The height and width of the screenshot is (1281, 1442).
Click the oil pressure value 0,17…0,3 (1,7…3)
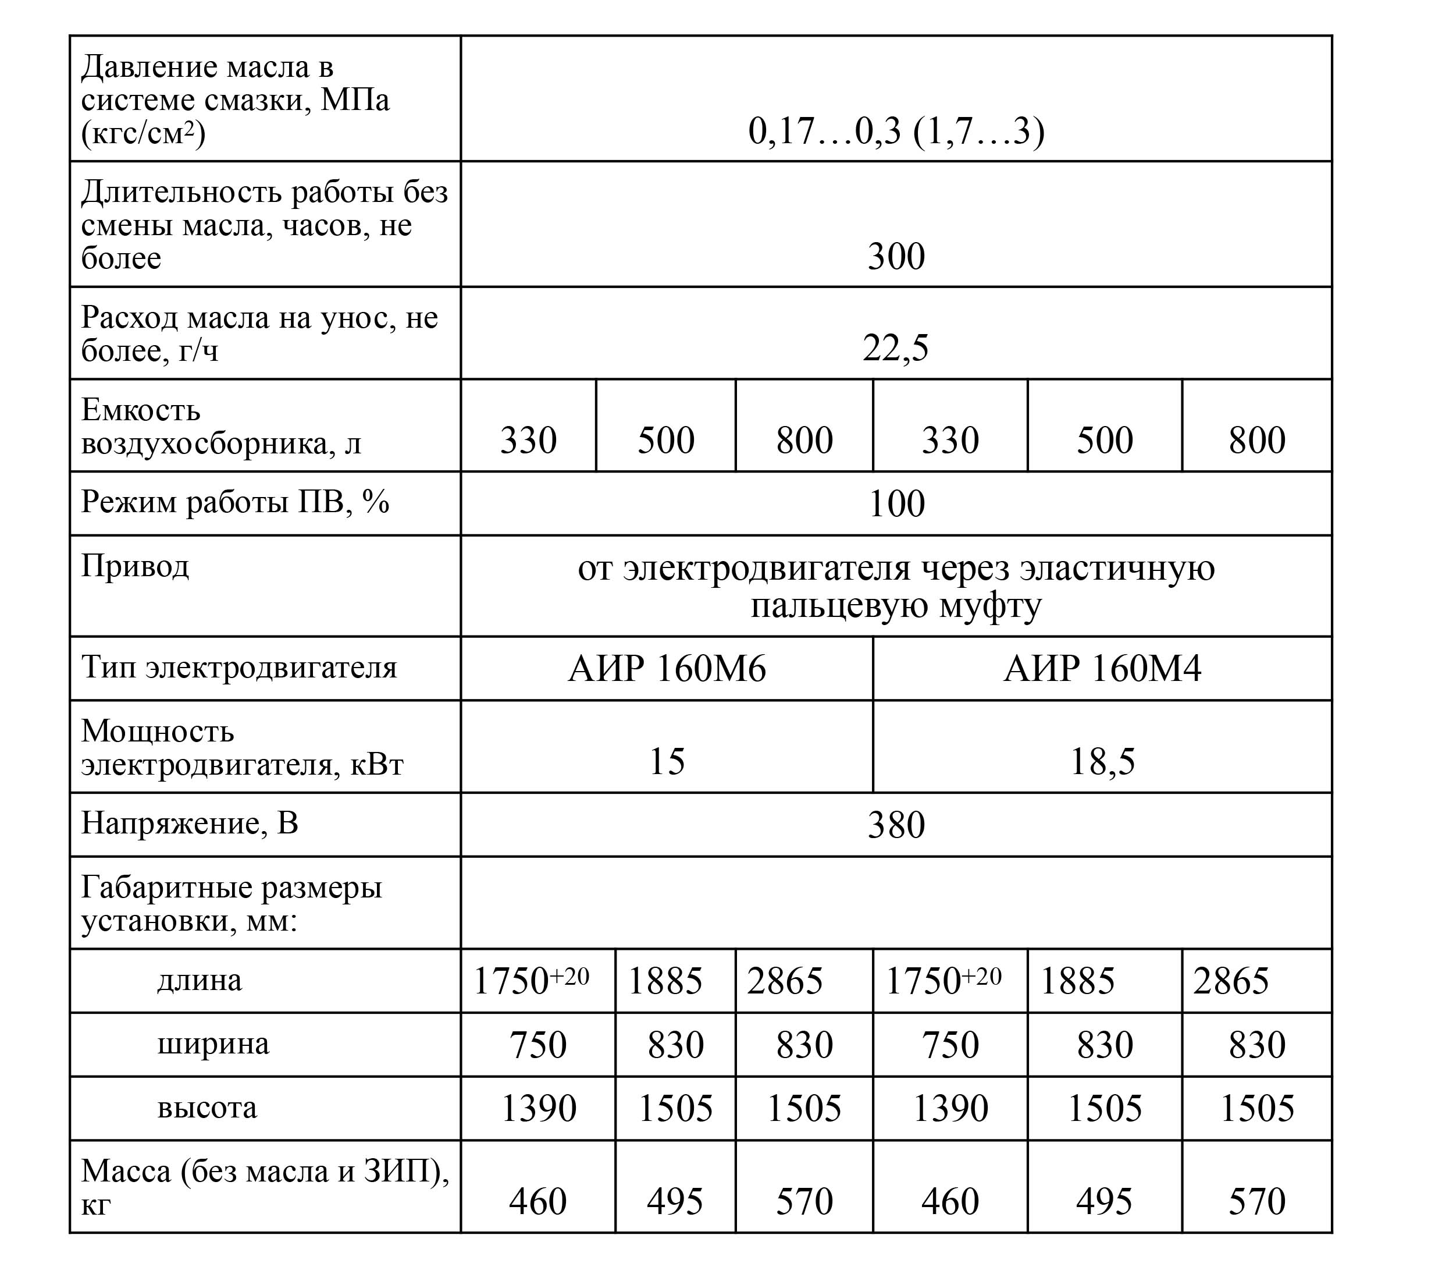896,132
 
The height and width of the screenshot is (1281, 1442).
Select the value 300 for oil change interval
896,256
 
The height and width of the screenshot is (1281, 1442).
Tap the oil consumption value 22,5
896,348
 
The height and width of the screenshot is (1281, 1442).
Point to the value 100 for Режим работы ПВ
896,504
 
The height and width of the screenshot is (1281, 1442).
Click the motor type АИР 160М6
667,668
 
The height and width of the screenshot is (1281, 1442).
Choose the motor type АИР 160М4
1102,668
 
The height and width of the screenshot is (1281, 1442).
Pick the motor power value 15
667,761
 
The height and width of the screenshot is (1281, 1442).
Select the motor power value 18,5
1102,761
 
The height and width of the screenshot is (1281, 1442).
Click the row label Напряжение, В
190,824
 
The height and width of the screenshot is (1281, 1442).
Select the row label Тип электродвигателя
239,668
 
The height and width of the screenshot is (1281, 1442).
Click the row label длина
200,980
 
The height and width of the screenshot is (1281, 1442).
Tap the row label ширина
213,1044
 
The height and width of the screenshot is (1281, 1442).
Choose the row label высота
208,1108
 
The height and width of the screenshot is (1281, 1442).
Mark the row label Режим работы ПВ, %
235,502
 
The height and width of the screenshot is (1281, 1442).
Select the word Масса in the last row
126,1172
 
